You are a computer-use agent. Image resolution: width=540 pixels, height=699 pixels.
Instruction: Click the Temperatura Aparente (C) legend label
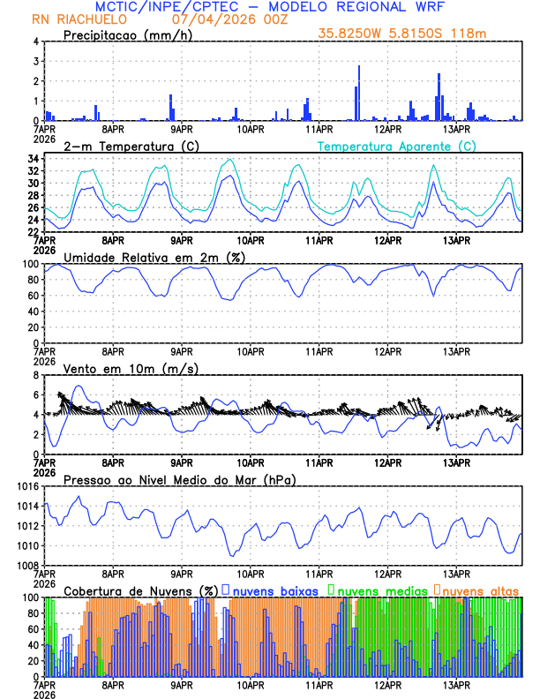coord(396,146)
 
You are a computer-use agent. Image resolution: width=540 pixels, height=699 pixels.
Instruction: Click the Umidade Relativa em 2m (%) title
coord(154,257)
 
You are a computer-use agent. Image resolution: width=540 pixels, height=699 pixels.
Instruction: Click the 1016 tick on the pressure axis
coord(27,486)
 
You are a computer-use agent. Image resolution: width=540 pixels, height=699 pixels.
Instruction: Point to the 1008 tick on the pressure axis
coord(27,565)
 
